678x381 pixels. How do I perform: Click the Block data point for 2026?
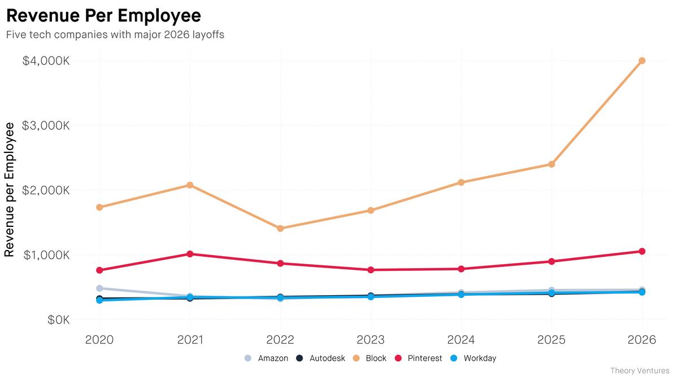click(642, 60)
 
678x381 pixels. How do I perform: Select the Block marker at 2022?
click(280, 229)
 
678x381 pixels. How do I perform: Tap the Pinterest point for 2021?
click(190, 254)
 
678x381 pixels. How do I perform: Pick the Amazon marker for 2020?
click(100, 288)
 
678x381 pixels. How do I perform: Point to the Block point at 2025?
click(551, 164)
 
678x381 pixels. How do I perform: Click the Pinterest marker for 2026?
click(642, 251)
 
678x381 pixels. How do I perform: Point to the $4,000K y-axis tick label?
click(46, 60)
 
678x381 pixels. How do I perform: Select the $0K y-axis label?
click(58, 320)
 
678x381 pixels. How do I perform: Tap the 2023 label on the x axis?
click(371, 340)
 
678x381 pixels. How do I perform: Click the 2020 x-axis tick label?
click(100, 340)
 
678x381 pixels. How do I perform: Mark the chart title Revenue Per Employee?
click(103, 15)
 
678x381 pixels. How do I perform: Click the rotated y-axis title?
click(10, 190)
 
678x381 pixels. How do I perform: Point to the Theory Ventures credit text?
click(640, 371)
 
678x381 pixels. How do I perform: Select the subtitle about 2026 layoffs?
click(115, 34)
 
